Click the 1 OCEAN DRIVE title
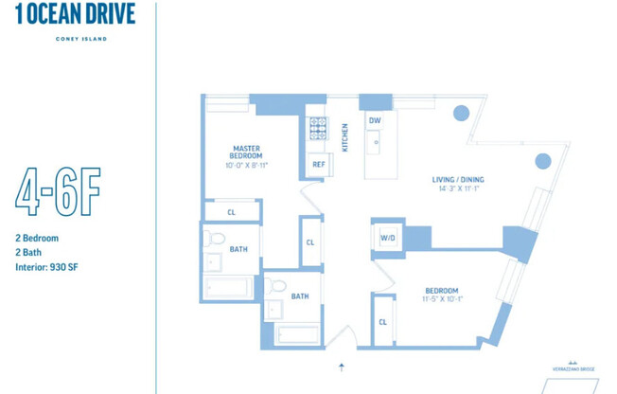click(x=76, y=14)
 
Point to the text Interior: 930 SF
click(x=46, y=268)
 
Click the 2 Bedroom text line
click(x=37, y=239)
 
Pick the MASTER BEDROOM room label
click(x=246, y=152)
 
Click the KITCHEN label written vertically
click(x=345, y=137)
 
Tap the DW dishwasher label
click(x=375, y=121)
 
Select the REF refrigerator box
click(x=319, y=165)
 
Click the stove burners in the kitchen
click(x=317, y=128)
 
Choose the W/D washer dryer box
click(x=388, y=239)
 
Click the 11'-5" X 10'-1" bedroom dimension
click(x=442, y=300)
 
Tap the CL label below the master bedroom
click(x=231, y=212)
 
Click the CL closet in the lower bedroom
click(x=382, y=322)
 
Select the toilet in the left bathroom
click(x=216, y=239)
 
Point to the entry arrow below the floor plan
click(x=342, y=366)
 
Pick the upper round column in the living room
click(x=461, y=113)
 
